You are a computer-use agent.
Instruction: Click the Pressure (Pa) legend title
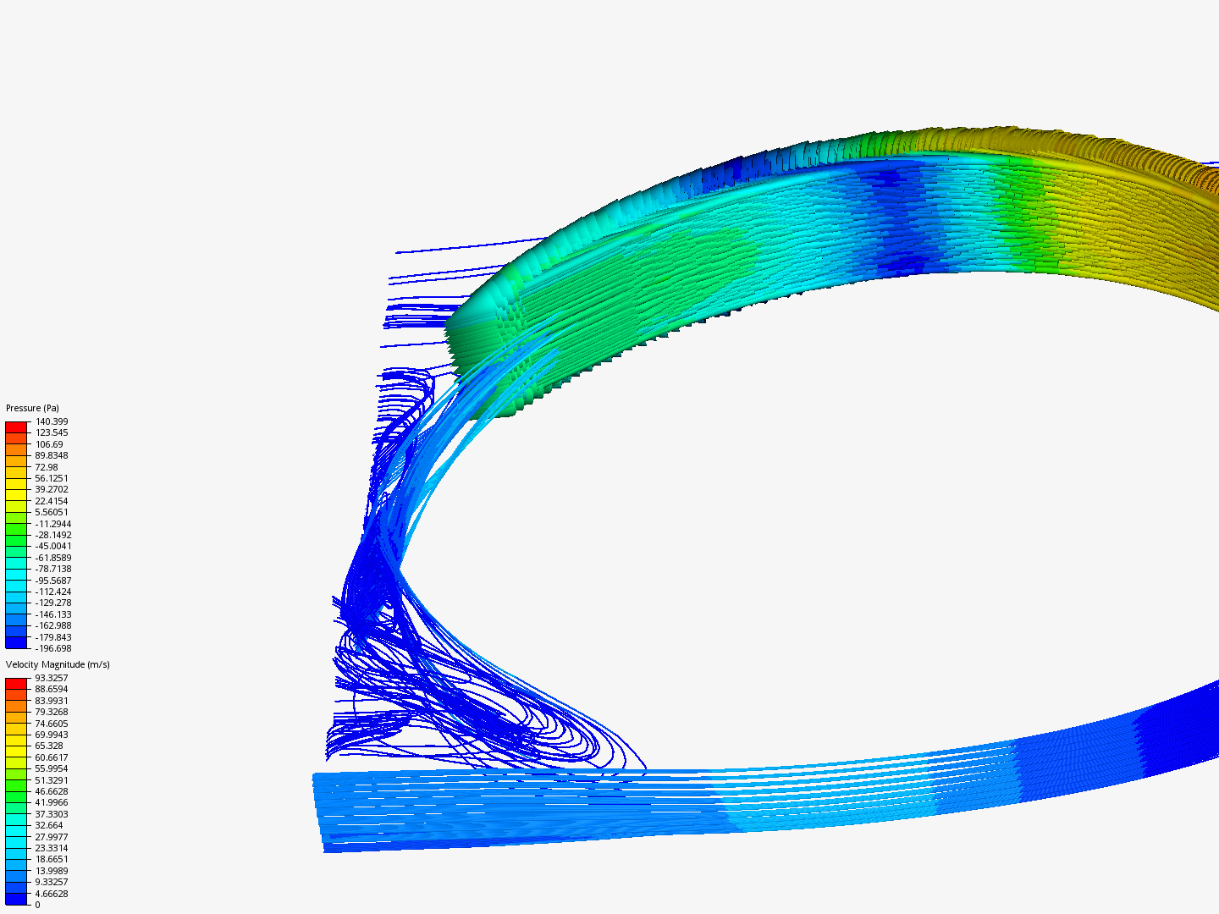click(32, 408)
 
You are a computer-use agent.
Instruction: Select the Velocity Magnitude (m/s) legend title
click(58, 664)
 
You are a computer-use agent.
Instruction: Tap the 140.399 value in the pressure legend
click(51, 421)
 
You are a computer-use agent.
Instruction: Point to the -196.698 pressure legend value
click(52, 648)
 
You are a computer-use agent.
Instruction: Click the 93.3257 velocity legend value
click(51, 678)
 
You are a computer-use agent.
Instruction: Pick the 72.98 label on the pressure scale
click(47, 467)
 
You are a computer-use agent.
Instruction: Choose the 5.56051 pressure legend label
click(51, 512)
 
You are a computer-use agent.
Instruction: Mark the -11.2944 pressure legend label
click(52, 524)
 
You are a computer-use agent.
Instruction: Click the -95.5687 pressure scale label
click(52, 581)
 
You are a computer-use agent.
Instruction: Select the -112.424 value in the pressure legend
click(52, 592)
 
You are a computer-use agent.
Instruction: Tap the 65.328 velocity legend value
click(48, 746)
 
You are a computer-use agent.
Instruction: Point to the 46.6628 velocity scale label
click(51, 791)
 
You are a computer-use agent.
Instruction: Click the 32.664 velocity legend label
click(48, 825)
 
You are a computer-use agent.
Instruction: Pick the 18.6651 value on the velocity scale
click(51, 859)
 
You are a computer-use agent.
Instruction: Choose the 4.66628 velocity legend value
click(51, 894)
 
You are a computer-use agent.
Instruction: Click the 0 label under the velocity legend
click(37, 905)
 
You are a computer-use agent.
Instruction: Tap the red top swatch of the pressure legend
click(17, 427)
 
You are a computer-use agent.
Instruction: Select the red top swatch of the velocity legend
click(17, 683)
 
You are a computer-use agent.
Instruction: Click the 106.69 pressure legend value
click(48, 444)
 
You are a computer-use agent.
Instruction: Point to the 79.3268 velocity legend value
click(51, 712)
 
